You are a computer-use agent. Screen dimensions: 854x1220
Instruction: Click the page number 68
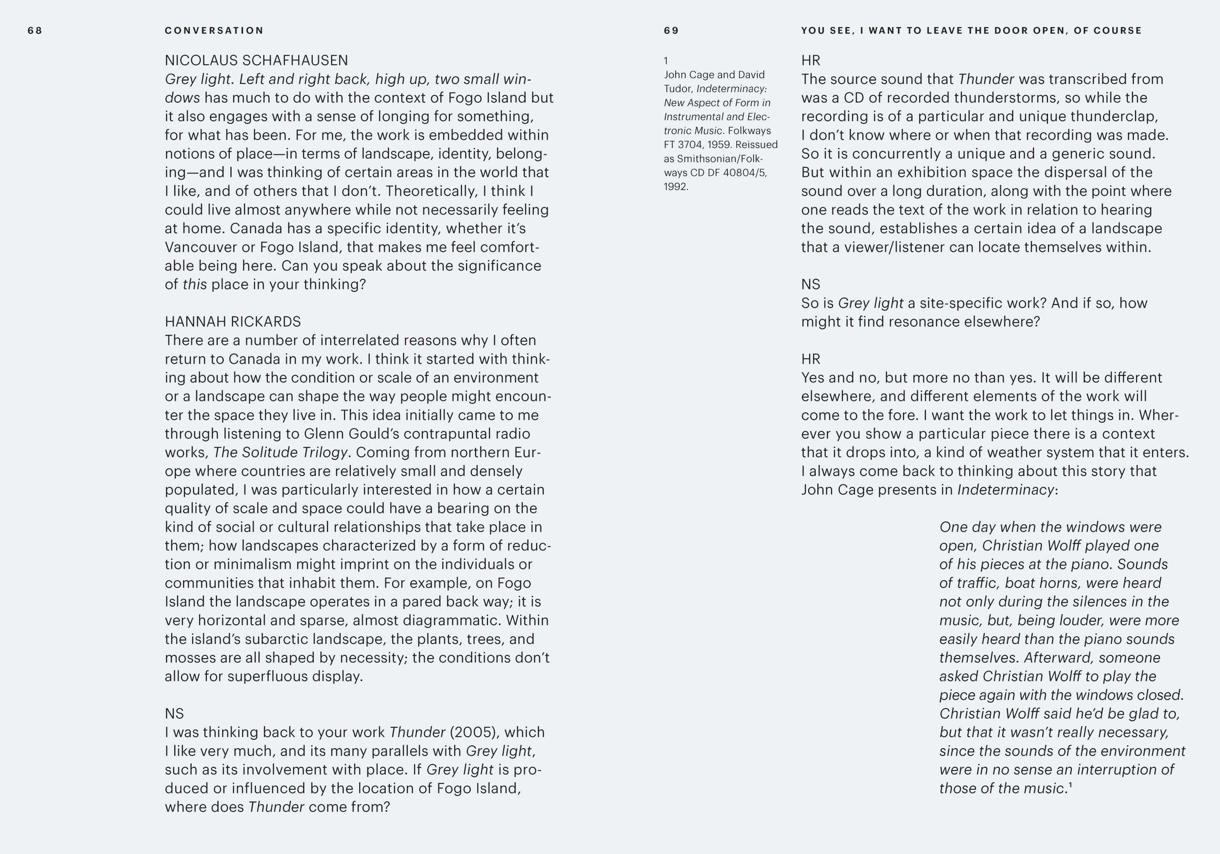[34, 31]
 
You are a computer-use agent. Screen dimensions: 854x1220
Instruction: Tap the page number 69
[671, 31]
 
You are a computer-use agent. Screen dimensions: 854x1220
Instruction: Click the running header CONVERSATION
[214, 31]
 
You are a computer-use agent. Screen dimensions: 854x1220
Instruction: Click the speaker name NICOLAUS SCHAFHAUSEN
[256, 60]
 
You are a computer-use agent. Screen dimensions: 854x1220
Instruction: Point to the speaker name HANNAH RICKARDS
[233, 322]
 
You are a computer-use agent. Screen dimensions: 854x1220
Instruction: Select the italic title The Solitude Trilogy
[281, 452]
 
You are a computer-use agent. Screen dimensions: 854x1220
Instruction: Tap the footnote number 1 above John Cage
[666, 61]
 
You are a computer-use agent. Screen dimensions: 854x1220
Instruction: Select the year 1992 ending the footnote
[675, 186]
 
